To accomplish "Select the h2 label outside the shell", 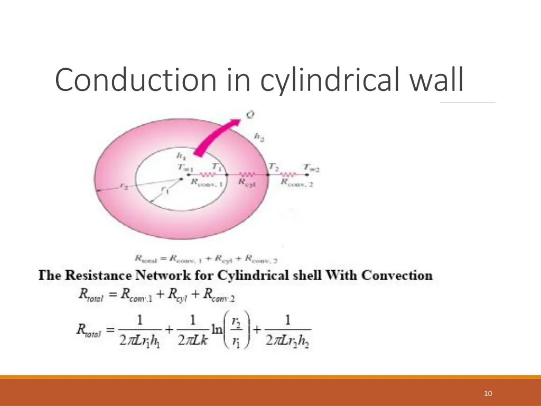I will pos(259,136).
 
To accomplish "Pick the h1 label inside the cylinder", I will pos(181,156).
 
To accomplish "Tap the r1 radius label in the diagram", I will pos(165,189).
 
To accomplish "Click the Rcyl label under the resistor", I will pos(247,182).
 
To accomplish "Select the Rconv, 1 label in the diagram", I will pos(206,182).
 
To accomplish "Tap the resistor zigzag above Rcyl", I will pos(247,173).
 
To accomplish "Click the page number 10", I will pos(488,393).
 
